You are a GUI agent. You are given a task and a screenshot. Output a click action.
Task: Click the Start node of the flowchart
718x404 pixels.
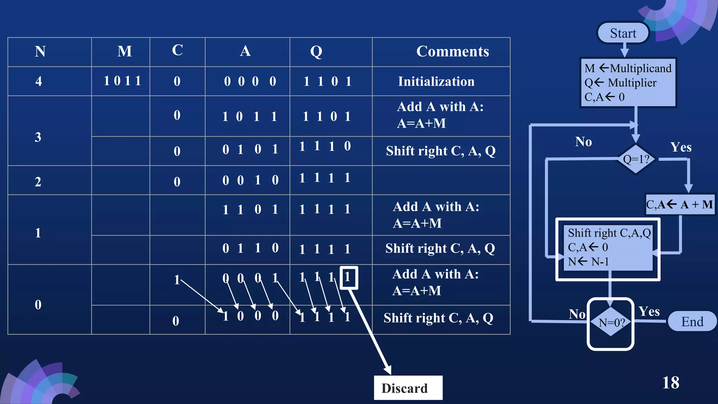point(623,33)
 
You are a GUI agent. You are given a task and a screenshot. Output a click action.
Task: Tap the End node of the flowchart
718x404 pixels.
point(692,321)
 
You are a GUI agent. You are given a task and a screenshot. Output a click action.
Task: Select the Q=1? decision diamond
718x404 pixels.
point(636,159)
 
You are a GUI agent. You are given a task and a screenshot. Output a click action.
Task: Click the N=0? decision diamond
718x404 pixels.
point(611,322)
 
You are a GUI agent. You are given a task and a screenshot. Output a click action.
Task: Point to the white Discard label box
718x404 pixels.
point(408,388)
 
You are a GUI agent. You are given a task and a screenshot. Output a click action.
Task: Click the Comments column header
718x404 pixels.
point(452,52)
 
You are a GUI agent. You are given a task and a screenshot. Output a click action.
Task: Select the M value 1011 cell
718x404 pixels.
point(122,81)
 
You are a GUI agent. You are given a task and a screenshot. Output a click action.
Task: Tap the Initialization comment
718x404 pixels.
point(436,81)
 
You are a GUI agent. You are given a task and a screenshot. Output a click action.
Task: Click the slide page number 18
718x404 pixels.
point(670,383)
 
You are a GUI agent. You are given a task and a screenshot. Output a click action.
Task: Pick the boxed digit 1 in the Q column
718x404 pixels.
point(348,277)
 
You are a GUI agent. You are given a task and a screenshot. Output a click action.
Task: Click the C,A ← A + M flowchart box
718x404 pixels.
point(679,204)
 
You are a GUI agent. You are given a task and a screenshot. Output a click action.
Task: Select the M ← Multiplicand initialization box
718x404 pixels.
point(628,82)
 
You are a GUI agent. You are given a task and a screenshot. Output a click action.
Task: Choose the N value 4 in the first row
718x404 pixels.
point(39,81)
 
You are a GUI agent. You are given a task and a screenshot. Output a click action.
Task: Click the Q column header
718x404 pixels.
point(316,52)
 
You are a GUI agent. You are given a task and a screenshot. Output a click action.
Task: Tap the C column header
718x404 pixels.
point(177,50)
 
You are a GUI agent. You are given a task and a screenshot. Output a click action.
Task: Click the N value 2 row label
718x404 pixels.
point(38,182)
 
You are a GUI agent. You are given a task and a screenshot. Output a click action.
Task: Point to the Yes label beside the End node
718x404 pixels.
point(649,311)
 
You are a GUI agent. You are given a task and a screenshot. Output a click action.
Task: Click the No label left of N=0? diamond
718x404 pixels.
point(577,314)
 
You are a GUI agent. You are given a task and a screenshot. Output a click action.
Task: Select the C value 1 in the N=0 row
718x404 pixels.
point(177,280)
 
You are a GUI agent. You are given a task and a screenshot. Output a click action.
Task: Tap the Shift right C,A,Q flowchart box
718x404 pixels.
point(608,248)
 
